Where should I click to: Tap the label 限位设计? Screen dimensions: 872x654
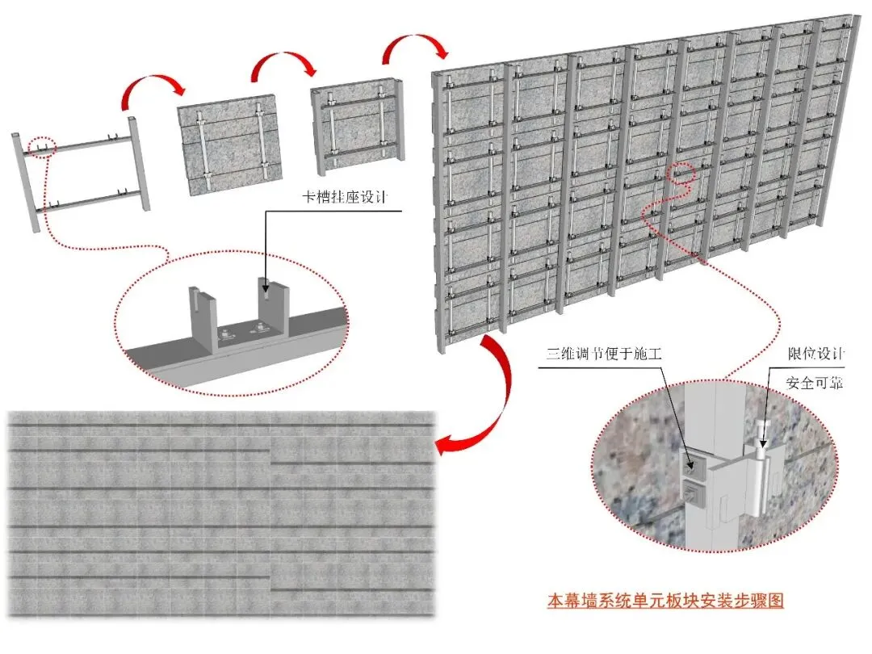pyautogui.click(x=815, y=354)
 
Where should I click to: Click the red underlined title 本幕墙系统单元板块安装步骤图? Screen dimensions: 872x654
pyautogui.click(x=665, y=601)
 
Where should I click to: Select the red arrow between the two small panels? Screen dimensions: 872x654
pyautogui.click(x=282, y=65)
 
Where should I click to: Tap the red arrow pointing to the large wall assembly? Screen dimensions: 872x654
pyautogui.click(x=414, y=45)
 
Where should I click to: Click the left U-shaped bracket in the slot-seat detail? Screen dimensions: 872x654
pyautogui.click(x=204, y=317)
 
